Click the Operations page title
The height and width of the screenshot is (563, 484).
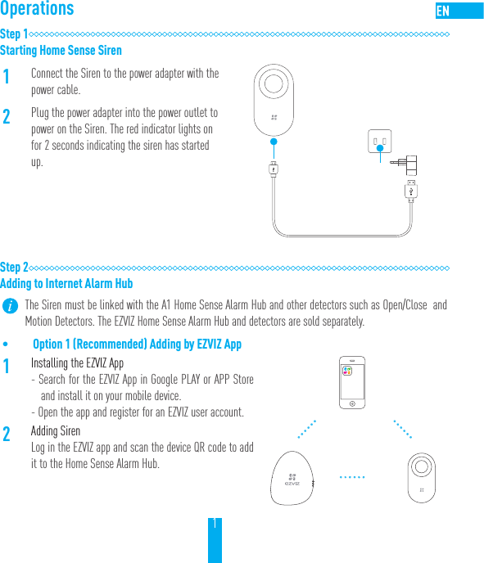(38, 10)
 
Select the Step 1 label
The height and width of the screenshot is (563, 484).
(14, 34)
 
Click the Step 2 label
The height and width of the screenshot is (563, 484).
(14, 268)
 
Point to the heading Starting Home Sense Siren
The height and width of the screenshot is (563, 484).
(61, 51)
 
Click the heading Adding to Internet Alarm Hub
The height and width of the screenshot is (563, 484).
(66, 284)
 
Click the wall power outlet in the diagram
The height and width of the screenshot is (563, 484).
(380, 142)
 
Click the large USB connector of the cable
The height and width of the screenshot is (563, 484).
(412, 190)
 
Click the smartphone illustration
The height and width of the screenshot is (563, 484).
(352, 382)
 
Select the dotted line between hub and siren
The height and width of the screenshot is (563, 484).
(355, 477)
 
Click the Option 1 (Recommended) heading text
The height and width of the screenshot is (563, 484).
(137, 345)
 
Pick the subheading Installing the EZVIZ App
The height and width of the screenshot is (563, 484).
(77, 363)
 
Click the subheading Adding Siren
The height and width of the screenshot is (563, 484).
(56, 431)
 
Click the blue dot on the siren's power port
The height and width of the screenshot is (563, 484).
(274, 141)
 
